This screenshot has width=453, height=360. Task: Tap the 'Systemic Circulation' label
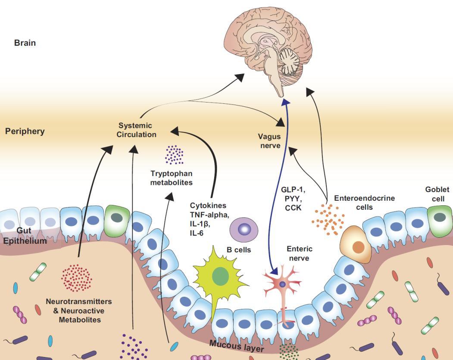tap(135, 130)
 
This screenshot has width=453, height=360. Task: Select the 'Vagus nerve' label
tap(269, 141)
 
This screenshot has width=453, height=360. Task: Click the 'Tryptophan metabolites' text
tap(171, 178)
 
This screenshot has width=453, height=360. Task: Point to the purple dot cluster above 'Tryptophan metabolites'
tap(174, 155)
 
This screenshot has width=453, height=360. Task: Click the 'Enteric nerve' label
tap(300, 253)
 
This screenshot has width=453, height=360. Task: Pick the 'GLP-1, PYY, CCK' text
tap(291, 199)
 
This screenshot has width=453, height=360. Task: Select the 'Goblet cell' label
tap(437, 194)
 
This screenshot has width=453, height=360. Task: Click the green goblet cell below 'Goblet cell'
tap(440, 217)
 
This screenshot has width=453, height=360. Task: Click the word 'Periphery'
tap(25, 131)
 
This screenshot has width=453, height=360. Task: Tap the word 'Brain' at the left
tap(25, 43)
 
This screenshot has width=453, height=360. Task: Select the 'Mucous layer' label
tap(236, 345)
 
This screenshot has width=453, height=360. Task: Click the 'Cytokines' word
tap(208, 205)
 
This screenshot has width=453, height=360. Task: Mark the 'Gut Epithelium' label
tap(25, 236)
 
